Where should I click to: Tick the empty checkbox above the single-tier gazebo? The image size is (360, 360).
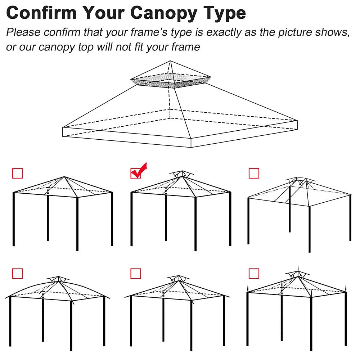pyautogui.click(x=17, y=174)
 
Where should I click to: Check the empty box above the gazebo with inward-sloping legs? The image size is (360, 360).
pyautogui.click(x=254, y=174)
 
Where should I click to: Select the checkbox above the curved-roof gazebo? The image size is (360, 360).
pyautogui.click(x=17, y=274)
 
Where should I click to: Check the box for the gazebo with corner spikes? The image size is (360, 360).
pyautogui.click(x=254, y=274)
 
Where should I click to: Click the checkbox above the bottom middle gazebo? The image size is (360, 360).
pyautogui.click(x=135, y=274)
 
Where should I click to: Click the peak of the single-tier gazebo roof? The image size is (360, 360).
pyautogui.click(x=64, y=177)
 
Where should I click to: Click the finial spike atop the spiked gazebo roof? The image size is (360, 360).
pyautogui.click(x=298, y=269)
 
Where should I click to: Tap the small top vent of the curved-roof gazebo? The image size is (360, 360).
pyautogui.click(x=58, y=279)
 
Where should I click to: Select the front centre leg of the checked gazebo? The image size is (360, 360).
pyautogui.click(x=195, y=223)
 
